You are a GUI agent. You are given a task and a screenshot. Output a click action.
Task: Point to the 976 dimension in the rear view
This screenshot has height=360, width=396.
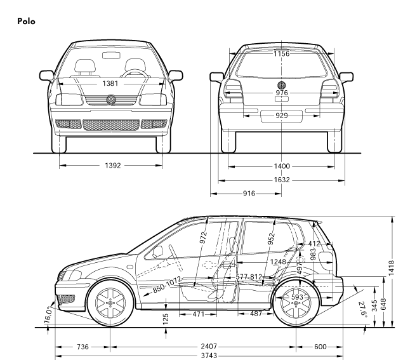(x=282, y=93)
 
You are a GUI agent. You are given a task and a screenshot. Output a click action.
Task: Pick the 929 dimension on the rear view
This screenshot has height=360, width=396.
(x=282, y=116)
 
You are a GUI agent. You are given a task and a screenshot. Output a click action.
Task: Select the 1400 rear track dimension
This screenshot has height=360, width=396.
(x=282, y=166)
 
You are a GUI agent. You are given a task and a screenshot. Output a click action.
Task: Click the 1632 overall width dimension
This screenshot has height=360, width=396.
(x=282, y=180)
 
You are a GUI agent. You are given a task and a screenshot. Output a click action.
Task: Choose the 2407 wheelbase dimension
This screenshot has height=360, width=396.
(x=208, y=347)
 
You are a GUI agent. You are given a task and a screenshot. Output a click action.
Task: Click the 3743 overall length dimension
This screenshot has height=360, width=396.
(x=208, y=356)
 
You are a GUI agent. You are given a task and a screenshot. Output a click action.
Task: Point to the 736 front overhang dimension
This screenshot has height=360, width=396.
(x=83, y=347)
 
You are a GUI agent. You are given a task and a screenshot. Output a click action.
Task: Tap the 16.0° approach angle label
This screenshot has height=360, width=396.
(x=48, y=314)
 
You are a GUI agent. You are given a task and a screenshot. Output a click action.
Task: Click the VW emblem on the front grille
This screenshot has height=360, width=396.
(x=112, y=100)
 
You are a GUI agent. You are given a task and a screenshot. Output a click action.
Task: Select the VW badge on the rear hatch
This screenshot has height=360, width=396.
(x=282, y=84)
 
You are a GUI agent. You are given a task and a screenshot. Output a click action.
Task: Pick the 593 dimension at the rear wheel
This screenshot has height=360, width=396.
(x=296, y=296)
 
